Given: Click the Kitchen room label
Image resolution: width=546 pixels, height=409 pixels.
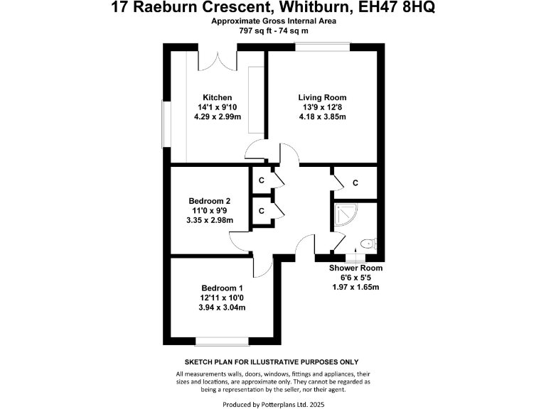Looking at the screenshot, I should click(218, 97).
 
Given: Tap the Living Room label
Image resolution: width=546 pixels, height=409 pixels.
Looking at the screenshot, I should click(322, 97).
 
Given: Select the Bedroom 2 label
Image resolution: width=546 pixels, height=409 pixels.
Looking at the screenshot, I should click(210, 200).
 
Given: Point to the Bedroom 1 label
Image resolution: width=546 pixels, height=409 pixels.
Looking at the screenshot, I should click(221, 288).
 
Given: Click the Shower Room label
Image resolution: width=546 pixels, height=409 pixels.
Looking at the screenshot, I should click(355, 268).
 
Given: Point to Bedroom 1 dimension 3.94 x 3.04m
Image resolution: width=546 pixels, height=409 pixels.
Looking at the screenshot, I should click(221, 307).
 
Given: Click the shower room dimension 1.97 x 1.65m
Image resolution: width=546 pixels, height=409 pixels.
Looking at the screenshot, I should click(355, 287).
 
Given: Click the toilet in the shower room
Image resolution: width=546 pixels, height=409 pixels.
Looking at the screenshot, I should click(368, 244).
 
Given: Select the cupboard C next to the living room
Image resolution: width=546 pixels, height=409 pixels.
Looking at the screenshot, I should click(355, 183).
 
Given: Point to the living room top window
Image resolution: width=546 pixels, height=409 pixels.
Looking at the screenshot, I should click(323, 47).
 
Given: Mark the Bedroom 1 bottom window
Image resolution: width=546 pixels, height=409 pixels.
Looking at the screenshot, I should click(222, 339).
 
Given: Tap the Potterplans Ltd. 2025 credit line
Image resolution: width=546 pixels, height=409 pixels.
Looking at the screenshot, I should click(273, 404).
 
